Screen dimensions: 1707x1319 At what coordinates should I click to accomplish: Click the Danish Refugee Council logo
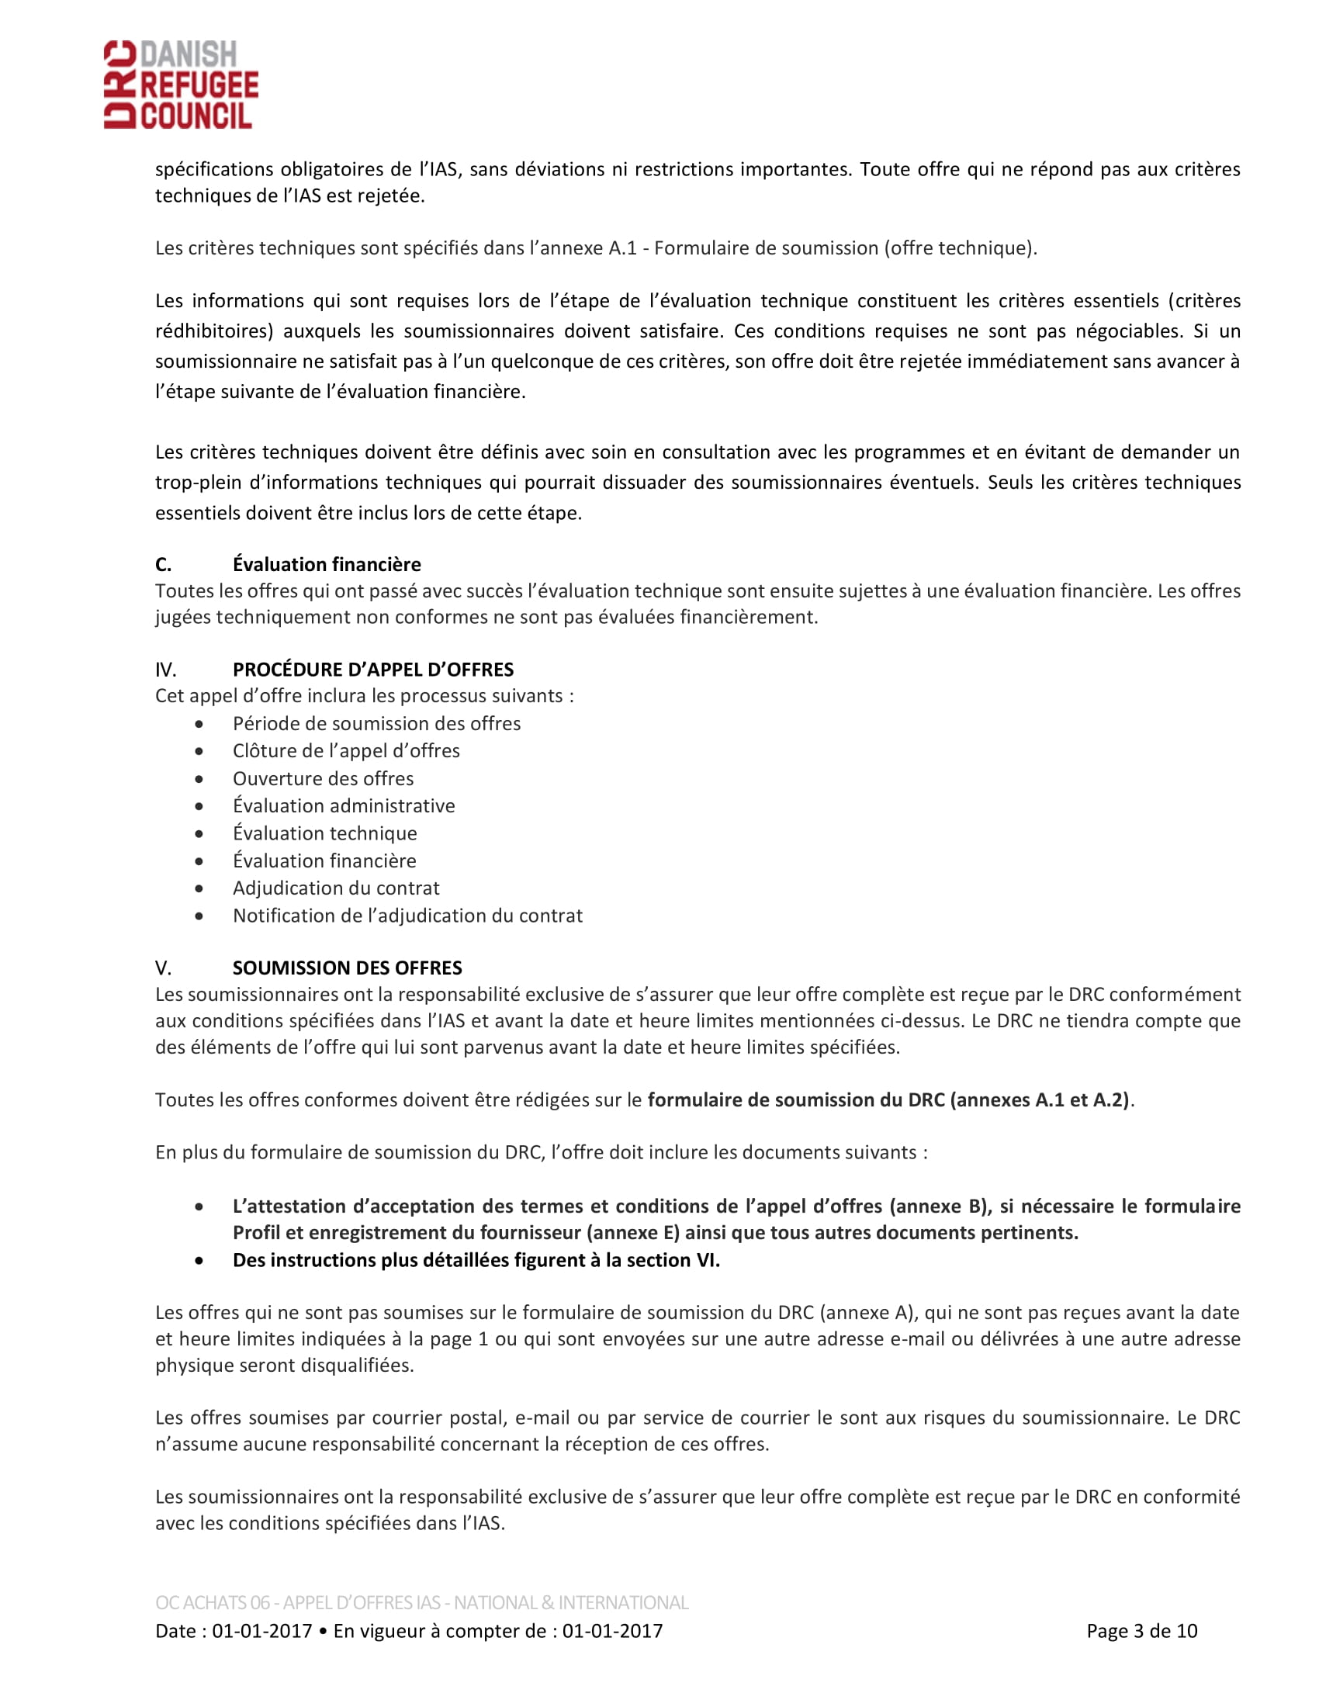(x=181, y=85)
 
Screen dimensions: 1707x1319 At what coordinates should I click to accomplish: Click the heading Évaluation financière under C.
(x=327, y=564)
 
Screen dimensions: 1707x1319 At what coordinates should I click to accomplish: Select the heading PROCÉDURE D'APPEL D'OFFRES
(x=372, y=669)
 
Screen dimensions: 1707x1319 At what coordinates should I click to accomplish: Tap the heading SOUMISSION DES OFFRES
(x=347, y=968)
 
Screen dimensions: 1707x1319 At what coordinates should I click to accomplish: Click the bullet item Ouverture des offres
(x=323, y=778)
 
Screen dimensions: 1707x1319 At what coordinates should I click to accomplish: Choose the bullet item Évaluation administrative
(x=344, y=806)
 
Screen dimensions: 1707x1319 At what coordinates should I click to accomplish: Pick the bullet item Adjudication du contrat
(x=336, y=888)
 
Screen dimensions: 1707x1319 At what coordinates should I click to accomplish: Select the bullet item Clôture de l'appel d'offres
(x=346, y=750)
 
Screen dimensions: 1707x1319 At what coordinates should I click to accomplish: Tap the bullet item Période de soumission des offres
(x=376, y=723)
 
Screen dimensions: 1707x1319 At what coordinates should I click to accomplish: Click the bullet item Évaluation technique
(x=325, y=833)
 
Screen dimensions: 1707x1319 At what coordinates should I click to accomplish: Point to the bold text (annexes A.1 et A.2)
(x=1039, y=1099)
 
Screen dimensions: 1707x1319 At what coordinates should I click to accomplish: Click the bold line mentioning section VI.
(x=476, y=1260)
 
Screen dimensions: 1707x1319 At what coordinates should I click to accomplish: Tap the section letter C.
(x=163, y=564)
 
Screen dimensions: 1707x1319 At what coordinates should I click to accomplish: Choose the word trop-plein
(x=199, y=483)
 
